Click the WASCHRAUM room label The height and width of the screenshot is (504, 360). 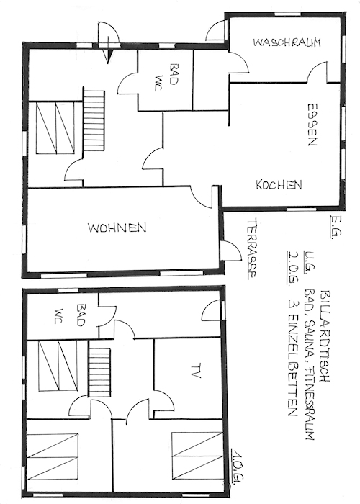tap(287, 42)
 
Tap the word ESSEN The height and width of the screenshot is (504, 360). tap(312, 125)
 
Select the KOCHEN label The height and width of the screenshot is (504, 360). tap(279, 184)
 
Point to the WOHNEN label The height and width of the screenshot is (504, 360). tap(117, 228)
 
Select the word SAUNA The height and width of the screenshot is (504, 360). tap(310, 336)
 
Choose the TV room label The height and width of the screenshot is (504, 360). tap(195, 371)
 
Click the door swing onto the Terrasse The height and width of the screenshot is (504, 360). tap(231, 251)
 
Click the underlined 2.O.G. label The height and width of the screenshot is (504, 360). tap(292, 268)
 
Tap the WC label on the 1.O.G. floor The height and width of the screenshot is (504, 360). tap(59, 316)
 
